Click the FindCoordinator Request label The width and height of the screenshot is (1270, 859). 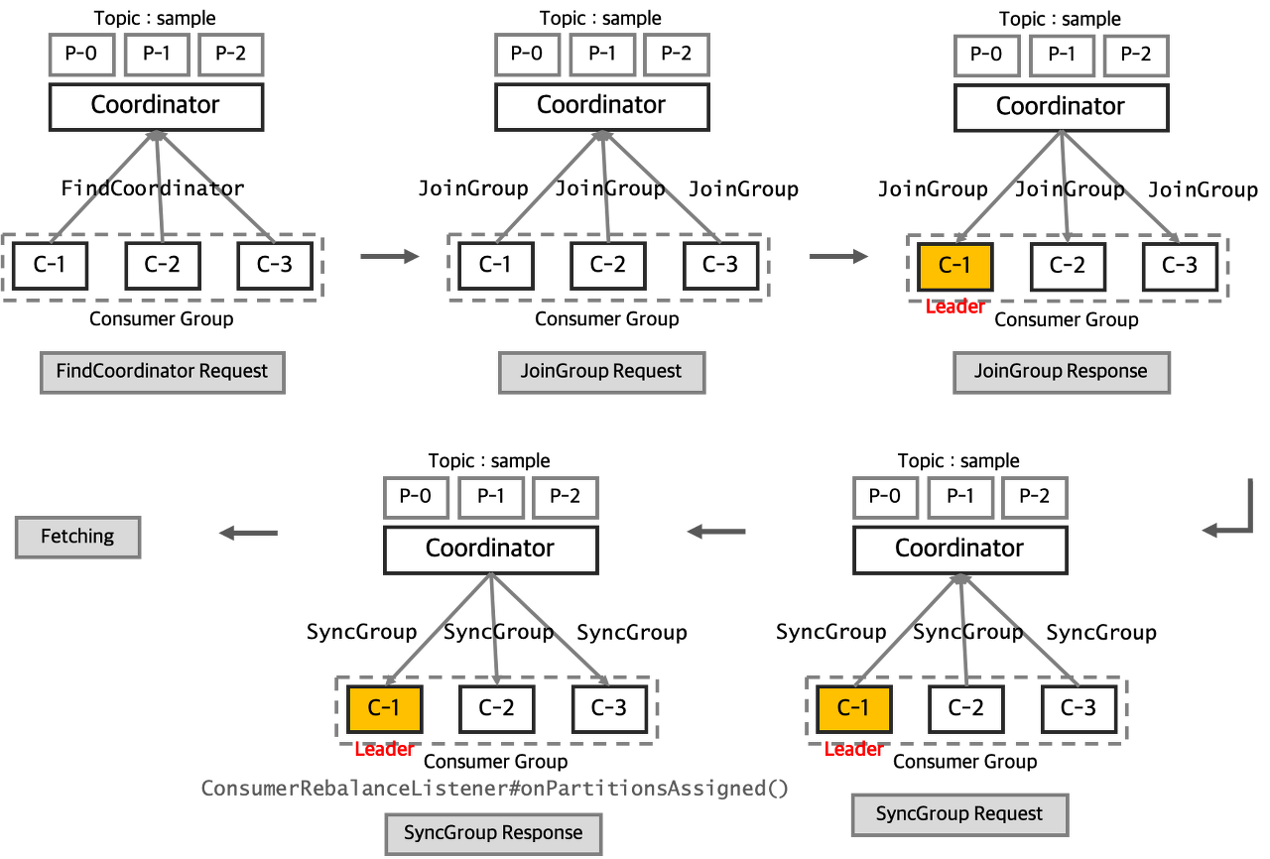pyautogui.click(x=162, y=372)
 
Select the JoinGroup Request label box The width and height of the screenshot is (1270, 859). pyautogui.click(x=601, y=372)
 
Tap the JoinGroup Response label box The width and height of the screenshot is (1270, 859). pyautogui.click(x=1061, y=372)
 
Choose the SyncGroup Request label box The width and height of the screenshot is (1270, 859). pyautogui.click(x=959, y=814)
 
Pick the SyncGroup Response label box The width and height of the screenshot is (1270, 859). pyautogui.click(x=493, y=833)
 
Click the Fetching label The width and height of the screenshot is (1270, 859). pyautogui.click(x=77, y=537)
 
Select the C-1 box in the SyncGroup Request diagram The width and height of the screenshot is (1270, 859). pyautogui.click(x=852, y=708)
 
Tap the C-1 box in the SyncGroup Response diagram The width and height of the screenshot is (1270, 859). pyautogui.click(x=384, y=708)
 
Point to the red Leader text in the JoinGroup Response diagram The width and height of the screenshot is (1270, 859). pyautogui.click(x=954, y=307)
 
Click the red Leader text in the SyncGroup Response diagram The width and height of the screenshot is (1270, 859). pyautogui.click(x=383, y=750)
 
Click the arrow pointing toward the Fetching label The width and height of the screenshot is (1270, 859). pyautogui.click(x=247, y=534)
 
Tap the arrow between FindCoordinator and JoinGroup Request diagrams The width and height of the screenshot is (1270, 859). pyautogui.click(x=389, y=258)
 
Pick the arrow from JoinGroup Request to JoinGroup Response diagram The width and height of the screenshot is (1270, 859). pyautogui.click(x=838, y=258)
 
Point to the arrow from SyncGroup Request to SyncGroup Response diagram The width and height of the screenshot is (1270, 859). pyautogui.click(x=715, y=533)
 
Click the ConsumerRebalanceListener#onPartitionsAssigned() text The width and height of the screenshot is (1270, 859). pyautogui.click(x=494, y=789)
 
